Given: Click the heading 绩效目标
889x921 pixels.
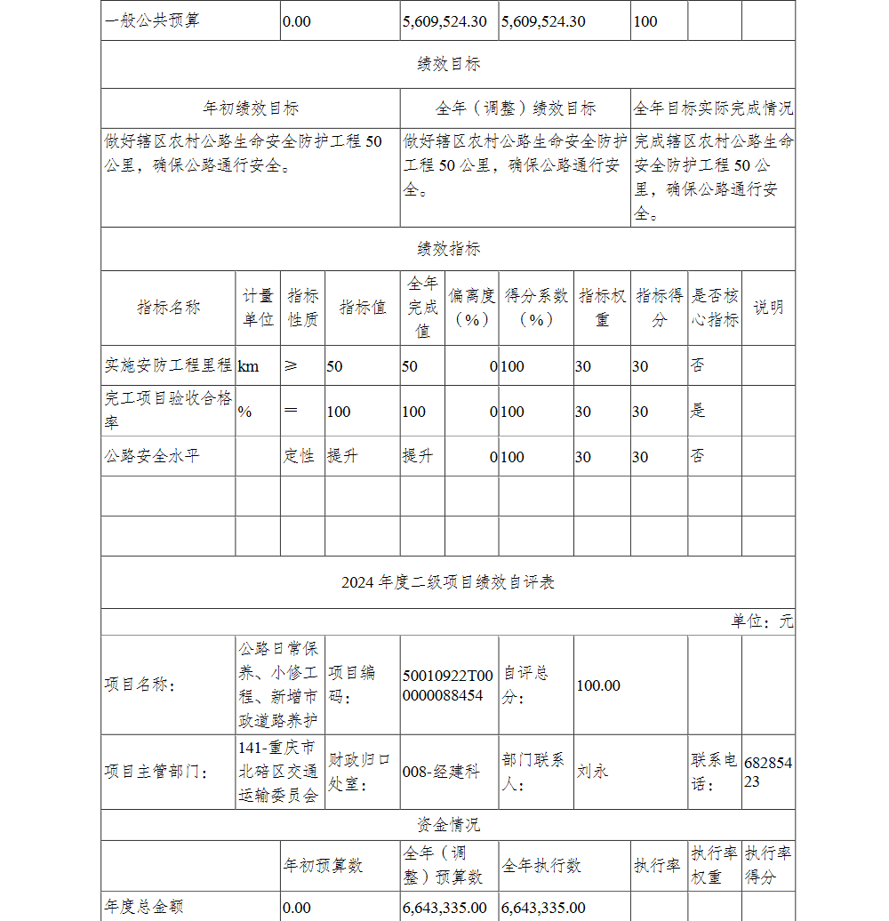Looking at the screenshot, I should tap(448, 64).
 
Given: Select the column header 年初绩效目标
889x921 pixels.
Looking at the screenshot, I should tap(251, 108).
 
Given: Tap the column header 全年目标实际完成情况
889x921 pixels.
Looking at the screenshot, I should tap(713, 108).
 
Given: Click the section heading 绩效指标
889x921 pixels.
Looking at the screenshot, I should tap(448, 249).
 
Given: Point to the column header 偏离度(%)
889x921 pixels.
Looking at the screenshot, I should tap(471, 308).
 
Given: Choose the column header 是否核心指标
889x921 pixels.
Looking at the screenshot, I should tap(715, 308).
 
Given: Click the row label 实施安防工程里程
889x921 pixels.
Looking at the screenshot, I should tap(168, 365).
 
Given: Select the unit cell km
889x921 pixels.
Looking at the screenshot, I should tap(249, 366).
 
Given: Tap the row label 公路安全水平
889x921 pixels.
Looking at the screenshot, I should tap(152, 456).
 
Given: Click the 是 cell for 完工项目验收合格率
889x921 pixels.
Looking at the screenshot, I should tap(698, 411).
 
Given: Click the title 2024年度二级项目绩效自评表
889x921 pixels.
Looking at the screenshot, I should tap(448, 582).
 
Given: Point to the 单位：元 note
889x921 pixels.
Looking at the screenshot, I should tap(762, 621).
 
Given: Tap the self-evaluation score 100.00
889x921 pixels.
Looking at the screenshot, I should tap(598, 685).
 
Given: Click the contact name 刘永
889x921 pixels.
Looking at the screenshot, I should tap(592, 772).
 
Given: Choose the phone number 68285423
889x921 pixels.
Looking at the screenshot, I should tap(767, 772).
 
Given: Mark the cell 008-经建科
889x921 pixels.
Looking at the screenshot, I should tap(441, 772).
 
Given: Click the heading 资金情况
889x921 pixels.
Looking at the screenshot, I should tap(448, 825).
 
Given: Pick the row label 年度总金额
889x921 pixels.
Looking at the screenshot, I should tap(144, 907).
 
